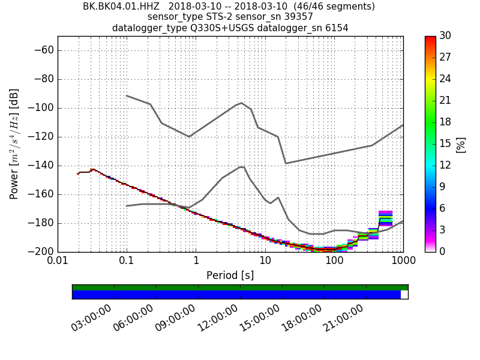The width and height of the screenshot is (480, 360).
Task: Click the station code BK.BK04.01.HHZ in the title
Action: click(x=121, y=7)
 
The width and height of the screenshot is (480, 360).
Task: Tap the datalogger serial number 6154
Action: click(x=336, y=28)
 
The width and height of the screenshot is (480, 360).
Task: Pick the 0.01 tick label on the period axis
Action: click(x=58, y=262)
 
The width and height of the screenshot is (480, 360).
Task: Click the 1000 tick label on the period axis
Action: click(x=403, y=262)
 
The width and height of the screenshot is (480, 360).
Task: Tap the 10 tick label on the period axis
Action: click(x=265, y=262)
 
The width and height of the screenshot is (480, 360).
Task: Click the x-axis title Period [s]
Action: click(x=230, y=275)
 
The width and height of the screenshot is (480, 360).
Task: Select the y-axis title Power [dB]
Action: click(x=14, y=144)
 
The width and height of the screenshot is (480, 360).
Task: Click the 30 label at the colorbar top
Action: click(x=445, y=36)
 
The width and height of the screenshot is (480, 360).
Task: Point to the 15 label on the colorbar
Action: click(x=445, y=143)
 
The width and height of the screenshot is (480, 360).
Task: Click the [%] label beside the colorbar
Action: click(x=461, y=144)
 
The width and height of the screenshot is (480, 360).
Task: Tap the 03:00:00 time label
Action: click(x=91, y=317)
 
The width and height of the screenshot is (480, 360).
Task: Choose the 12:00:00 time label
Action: click(x=217, y=317)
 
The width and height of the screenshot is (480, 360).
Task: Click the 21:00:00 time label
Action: click(x=343, y=317)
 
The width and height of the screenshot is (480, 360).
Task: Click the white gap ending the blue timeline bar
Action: click(x=404, y=295)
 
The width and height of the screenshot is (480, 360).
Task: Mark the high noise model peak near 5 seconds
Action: click(x=241, y=103)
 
